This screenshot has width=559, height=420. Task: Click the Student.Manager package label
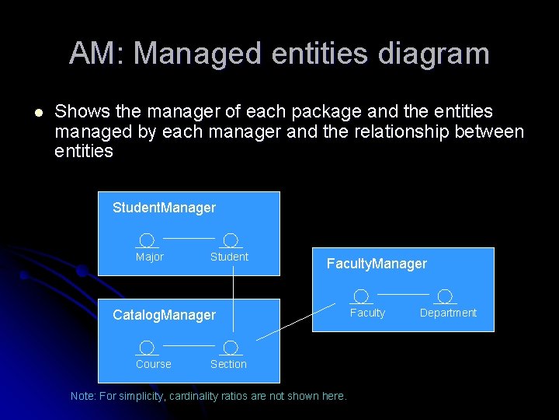coord(164,208)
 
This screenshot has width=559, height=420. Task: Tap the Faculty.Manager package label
coord(377,264)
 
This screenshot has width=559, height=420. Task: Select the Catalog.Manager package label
coord(164,315)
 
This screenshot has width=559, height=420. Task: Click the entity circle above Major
coord(147,240)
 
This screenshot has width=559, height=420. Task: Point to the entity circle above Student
coord(231,240)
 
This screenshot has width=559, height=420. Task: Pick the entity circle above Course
coord(147,348)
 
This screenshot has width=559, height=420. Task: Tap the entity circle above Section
coord(231,348)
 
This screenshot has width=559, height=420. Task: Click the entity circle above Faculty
coord(361,296)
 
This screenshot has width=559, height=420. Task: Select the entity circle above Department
coord(445,296)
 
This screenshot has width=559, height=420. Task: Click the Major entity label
coord(149,257)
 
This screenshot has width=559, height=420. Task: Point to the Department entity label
coord(448,313)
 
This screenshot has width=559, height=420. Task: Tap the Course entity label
coord(153,364)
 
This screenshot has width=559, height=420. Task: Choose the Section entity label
coord(228,364)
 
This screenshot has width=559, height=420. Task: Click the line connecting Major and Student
coord(189,236)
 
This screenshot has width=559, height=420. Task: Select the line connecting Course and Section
coord(189,344)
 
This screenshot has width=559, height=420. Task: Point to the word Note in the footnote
coord(83,396)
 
